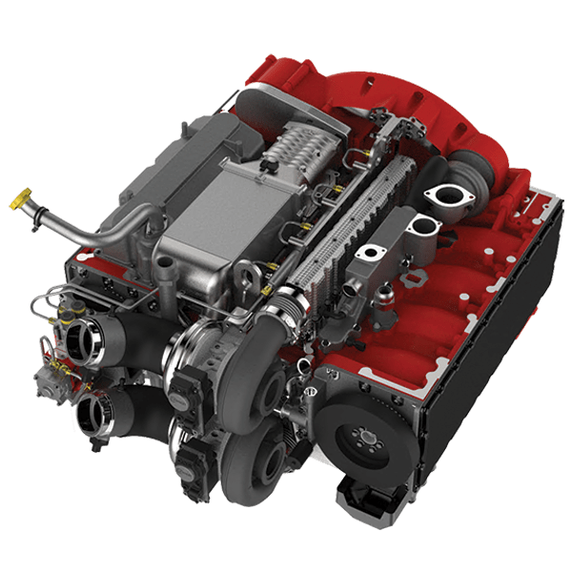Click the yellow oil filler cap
[x=20, y=201]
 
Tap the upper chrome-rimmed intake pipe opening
[x=81, y=337]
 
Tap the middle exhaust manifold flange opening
[x=422, y=227]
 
